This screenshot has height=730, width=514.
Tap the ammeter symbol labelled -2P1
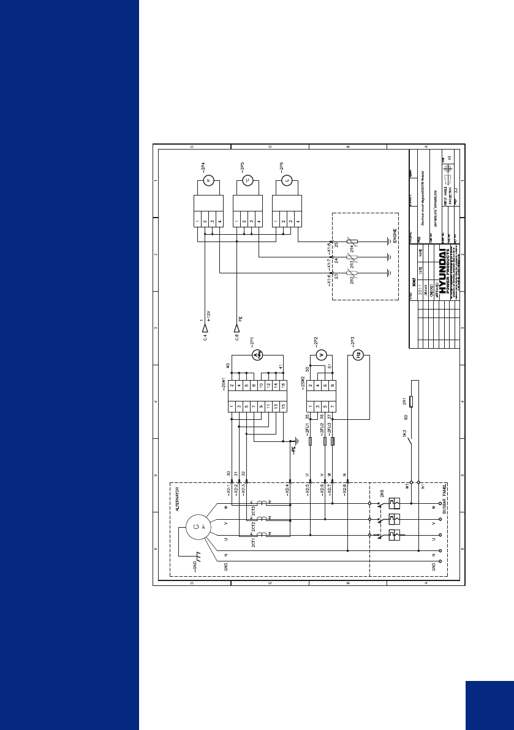click(257, 355)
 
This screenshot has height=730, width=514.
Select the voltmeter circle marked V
click(319, 355)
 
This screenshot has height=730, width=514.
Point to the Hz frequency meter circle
click(360, 355)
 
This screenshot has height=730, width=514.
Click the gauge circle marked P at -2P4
click(208, 180)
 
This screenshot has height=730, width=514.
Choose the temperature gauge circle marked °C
click(248, 180)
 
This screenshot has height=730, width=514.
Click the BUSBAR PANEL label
click(444, 496)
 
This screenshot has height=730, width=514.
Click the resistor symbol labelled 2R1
click(412, 401)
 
